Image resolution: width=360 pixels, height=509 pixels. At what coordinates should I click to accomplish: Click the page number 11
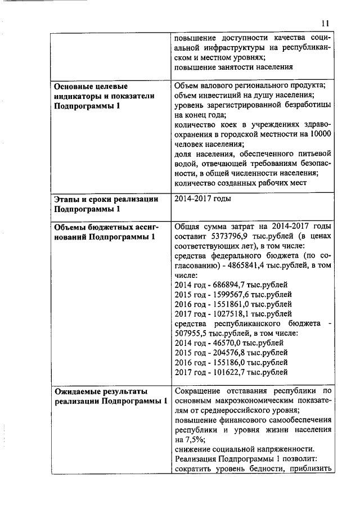click(325, 23)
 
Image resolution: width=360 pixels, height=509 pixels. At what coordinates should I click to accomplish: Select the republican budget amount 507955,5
click(193, 333)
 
